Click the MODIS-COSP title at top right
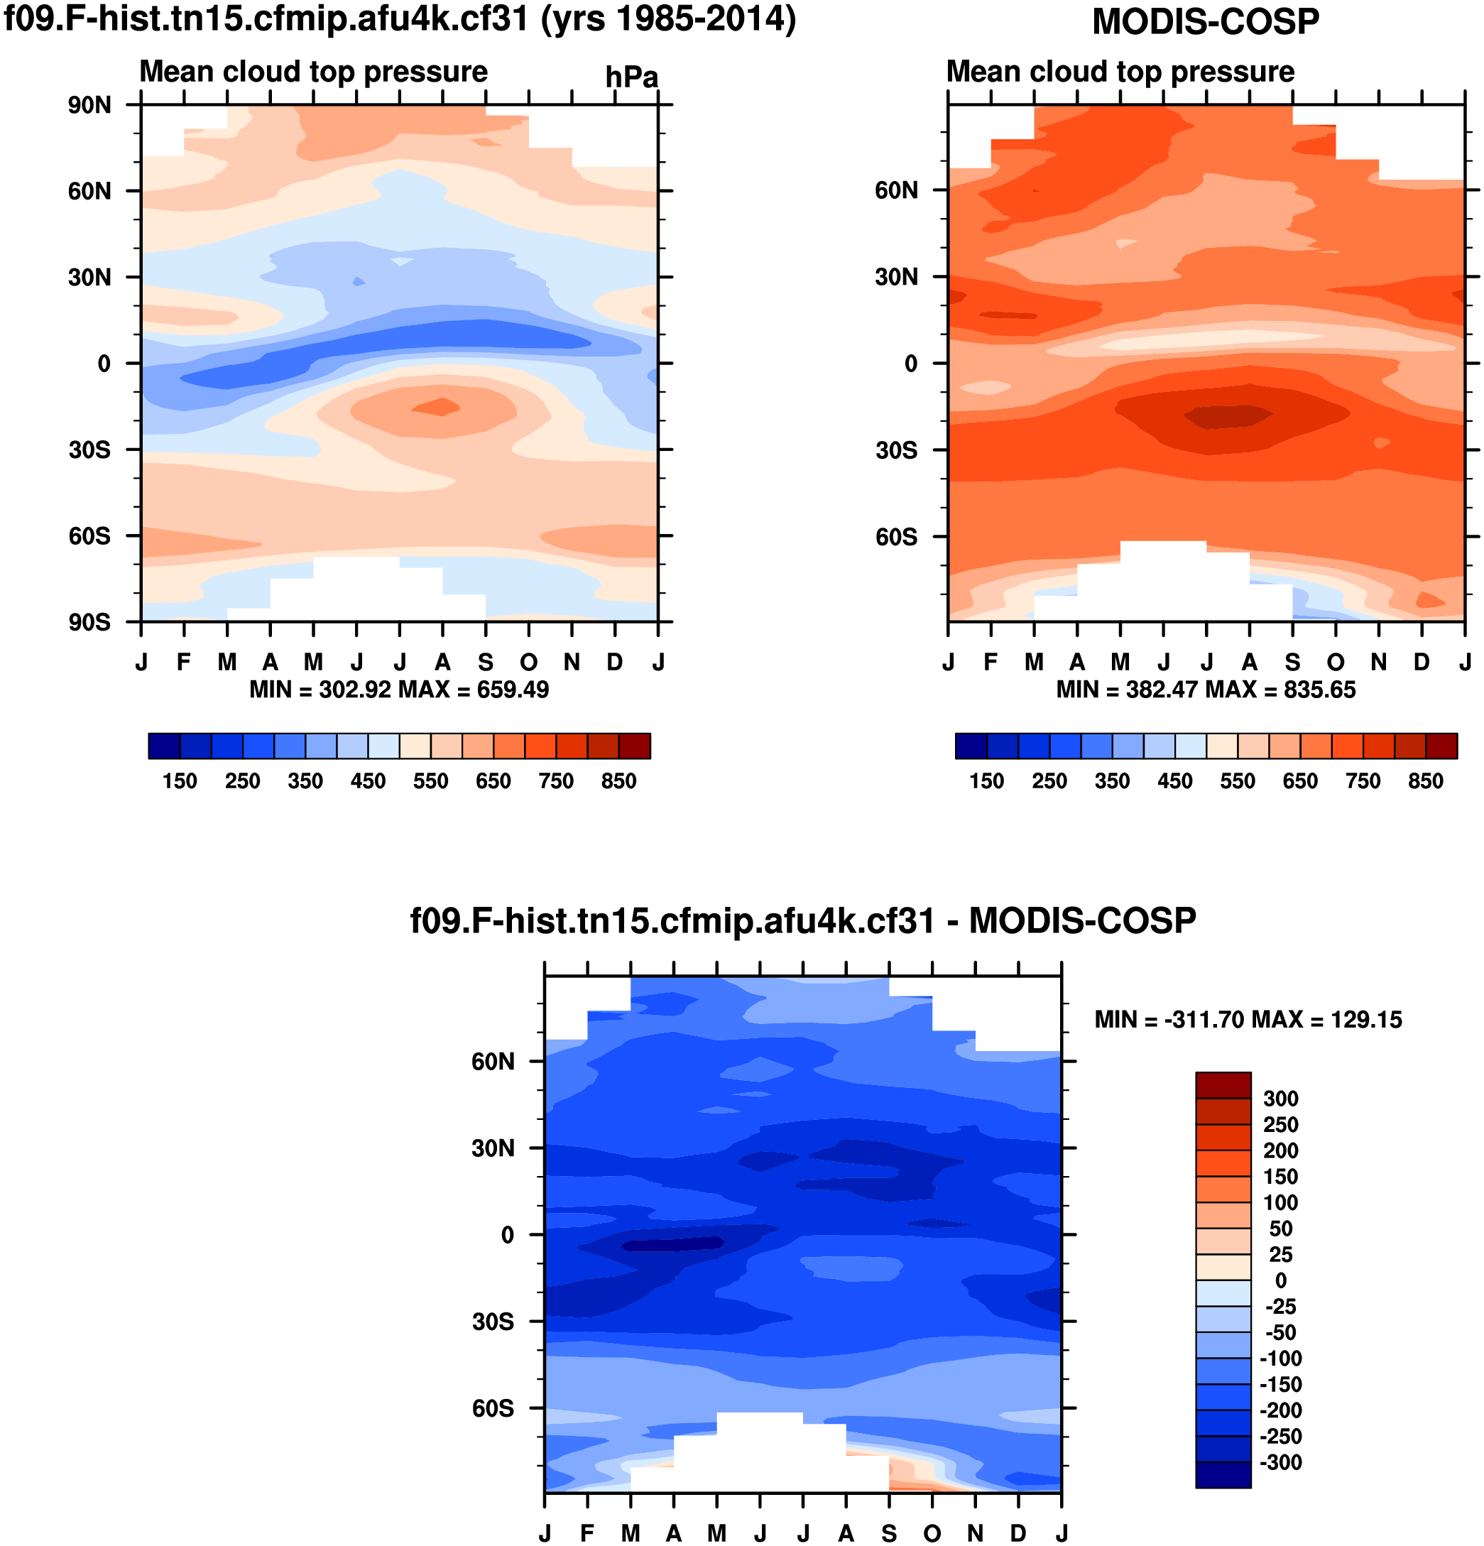pos(1205,22)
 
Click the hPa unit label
pos(631,77)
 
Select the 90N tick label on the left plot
pos(89,105)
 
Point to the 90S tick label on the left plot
pos(89,622)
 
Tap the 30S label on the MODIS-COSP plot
pos(896,450)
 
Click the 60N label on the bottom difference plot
pos(493,1062)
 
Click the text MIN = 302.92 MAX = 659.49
pos(399,690)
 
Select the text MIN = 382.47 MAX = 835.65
pos(1206,690)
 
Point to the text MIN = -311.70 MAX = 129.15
pos(1248,1020)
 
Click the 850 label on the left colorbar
pos(618,781)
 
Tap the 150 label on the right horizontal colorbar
pos(986,781)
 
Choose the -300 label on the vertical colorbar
pos(1280,1461)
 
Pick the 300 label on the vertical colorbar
pos(1280,1099)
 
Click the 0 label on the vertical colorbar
pos(1280,1280)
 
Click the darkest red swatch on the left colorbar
pos(634,746)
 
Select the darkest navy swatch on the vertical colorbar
pos(1223,1474)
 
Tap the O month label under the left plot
pos(528,663)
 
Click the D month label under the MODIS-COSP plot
pos(1421,663)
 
